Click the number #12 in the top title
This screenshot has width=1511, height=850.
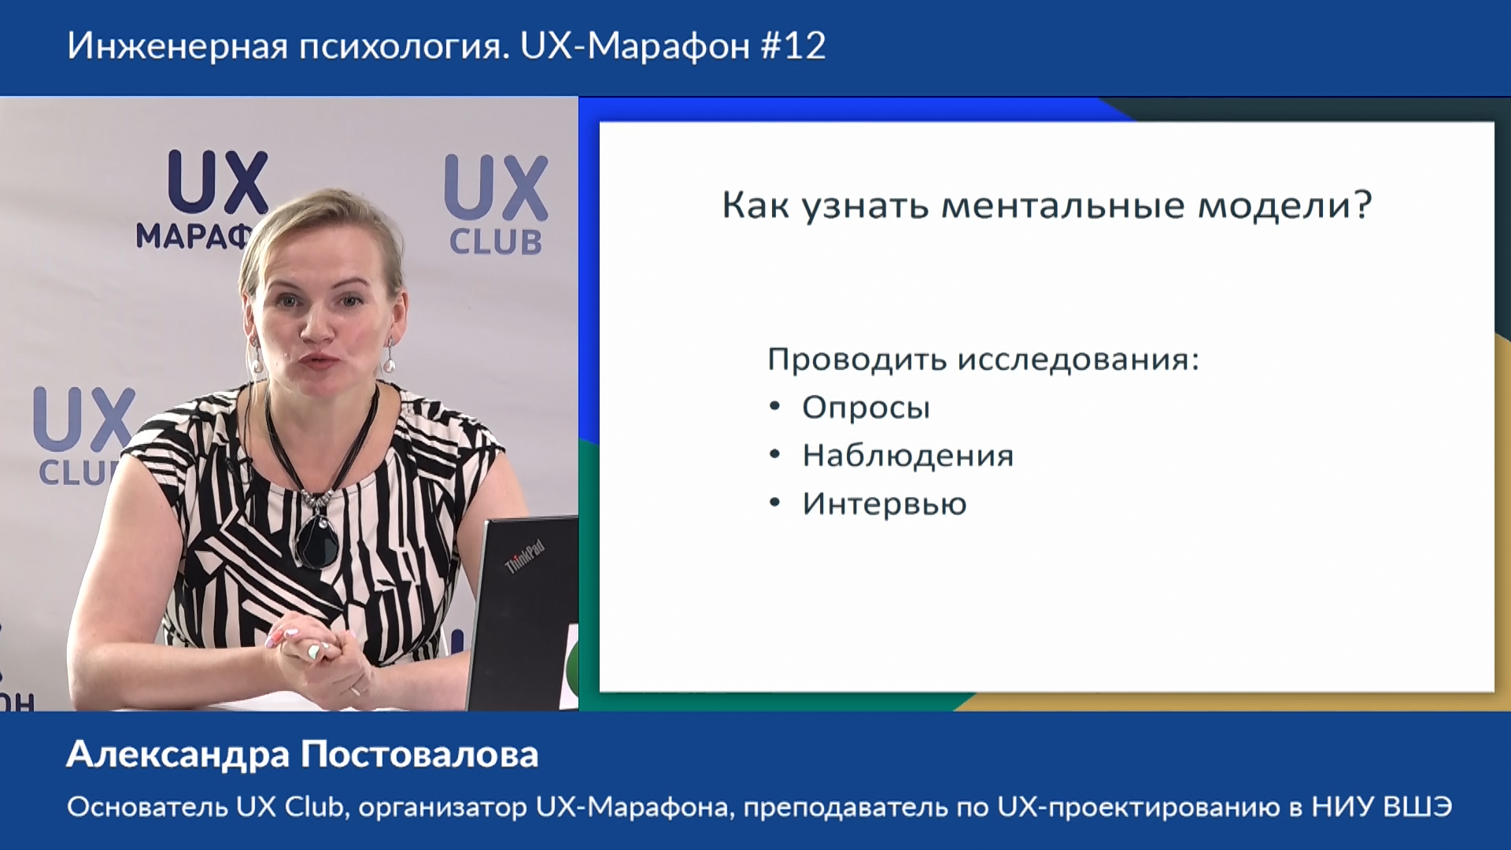tap(793, 46)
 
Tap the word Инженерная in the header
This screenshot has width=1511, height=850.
tap(177, 46)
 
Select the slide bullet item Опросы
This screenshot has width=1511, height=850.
tap(866, 408)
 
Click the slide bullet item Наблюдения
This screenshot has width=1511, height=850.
tap(908, 456)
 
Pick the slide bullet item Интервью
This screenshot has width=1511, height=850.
tap(885, 504)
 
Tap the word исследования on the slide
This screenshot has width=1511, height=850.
tap(1077, 360)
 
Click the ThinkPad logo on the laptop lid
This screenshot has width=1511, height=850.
tap(524, 556)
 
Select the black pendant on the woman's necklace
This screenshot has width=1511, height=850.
tap(317, 541)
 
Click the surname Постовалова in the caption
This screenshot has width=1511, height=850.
tap(420, 754)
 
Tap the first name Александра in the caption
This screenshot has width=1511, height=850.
tap(179, 755)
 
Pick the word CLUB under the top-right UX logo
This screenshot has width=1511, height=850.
tap(496, 242)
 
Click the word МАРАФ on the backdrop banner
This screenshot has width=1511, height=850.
tap(194, 235)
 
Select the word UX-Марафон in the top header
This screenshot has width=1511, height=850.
tap(635, 46)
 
